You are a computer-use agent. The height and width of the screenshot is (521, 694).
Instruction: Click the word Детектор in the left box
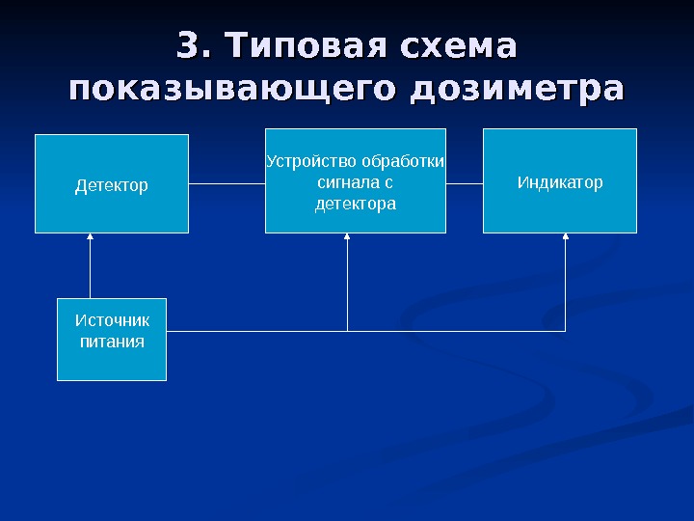click(112, 184)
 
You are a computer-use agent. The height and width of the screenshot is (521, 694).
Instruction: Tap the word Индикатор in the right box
click(560, 181)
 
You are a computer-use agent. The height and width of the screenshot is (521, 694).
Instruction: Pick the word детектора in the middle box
click(356, 205)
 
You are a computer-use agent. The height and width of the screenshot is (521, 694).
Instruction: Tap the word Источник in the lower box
click(112, 320)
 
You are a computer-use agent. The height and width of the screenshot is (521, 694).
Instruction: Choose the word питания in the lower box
click(112, 342)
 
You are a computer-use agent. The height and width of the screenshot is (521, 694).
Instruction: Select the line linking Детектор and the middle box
click(227, 182)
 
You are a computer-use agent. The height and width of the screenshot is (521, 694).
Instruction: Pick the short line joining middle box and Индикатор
click(465, 182)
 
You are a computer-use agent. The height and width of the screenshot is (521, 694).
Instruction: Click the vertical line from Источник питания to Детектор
click(90, 270)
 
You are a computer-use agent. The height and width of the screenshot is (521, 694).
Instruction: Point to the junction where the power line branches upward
click(347, 332)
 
